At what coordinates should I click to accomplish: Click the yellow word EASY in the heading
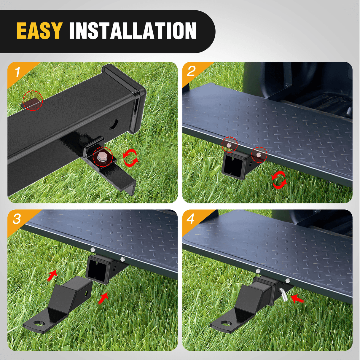coord(39,31)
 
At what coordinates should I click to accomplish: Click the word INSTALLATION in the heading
coord(133,31)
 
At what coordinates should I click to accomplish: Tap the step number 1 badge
coord(18,72)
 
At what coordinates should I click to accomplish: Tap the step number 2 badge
coord(191,71)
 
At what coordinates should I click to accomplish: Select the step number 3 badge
coord(17,219)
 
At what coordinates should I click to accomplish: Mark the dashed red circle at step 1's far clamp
coord(33,101)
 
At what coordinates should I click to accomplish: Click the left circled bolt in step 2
coord(229,145)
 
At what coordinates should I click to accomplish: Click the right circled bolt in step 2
coord(259,155)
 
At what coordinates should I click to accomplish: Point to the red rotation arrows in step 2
coord(279,180)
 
